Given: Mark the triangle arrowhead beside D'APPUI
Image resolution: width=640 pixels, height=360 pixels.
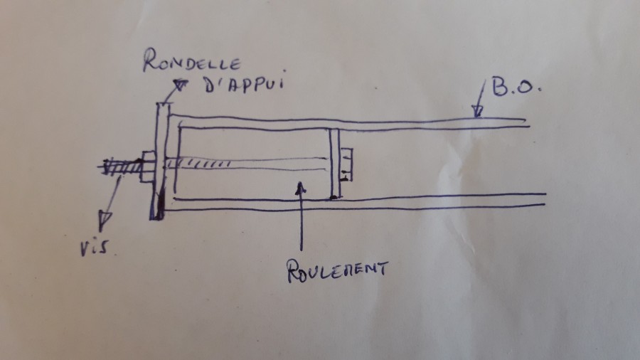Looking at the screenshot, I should coord(183,85).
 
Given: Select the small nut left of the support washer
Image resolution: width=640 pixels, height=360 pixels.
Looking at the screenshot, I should coord(149,168).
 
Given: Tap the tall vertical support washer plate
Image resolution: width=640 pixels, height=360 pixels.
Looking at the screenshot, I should coord(161,160).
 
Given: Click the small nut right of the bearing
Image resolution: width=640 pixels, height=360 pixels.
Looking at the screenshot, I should coord(347,164).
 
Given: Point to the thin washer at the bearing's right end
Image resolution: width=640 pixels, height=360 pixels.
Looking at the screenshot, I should coord(334,163).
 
